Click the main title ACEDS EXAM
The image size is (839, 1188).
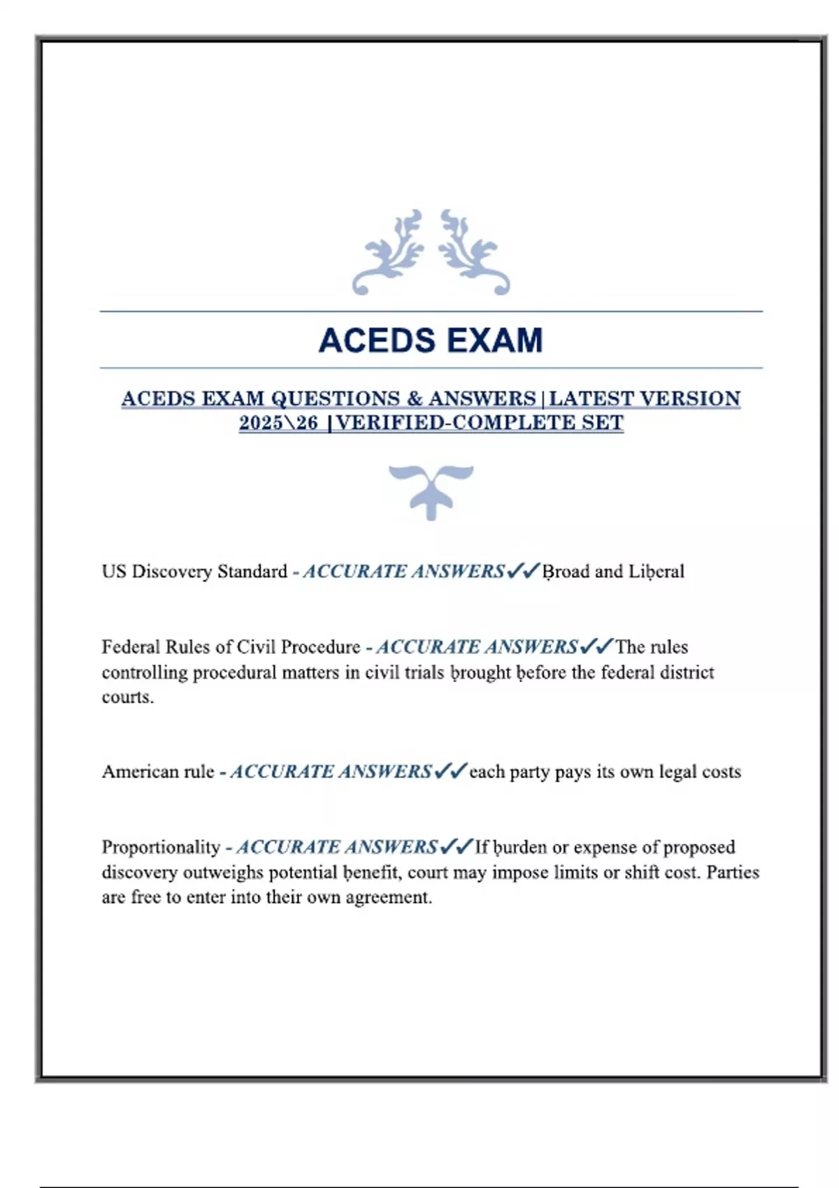click(x=430, y=340)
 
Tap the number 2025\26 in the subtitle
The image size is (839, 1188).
click(x=278, y=423)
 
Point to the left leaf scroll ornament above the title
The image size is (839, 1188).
click(x=389, y=252)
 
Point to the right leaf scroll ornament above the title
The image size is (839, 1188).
click(x=473, y=252)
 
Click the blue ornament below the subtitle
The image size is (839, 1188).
click(x=431, y=491)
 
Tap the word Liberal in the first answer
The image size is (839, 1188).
click(x=656, y=572)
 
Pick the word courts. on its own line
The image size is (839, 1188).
click(x=127, y=697)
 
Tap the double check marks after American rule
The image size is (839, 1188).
click(x=450, y=771)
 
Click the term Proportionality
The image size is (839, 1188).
click(x=161, y=847)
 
